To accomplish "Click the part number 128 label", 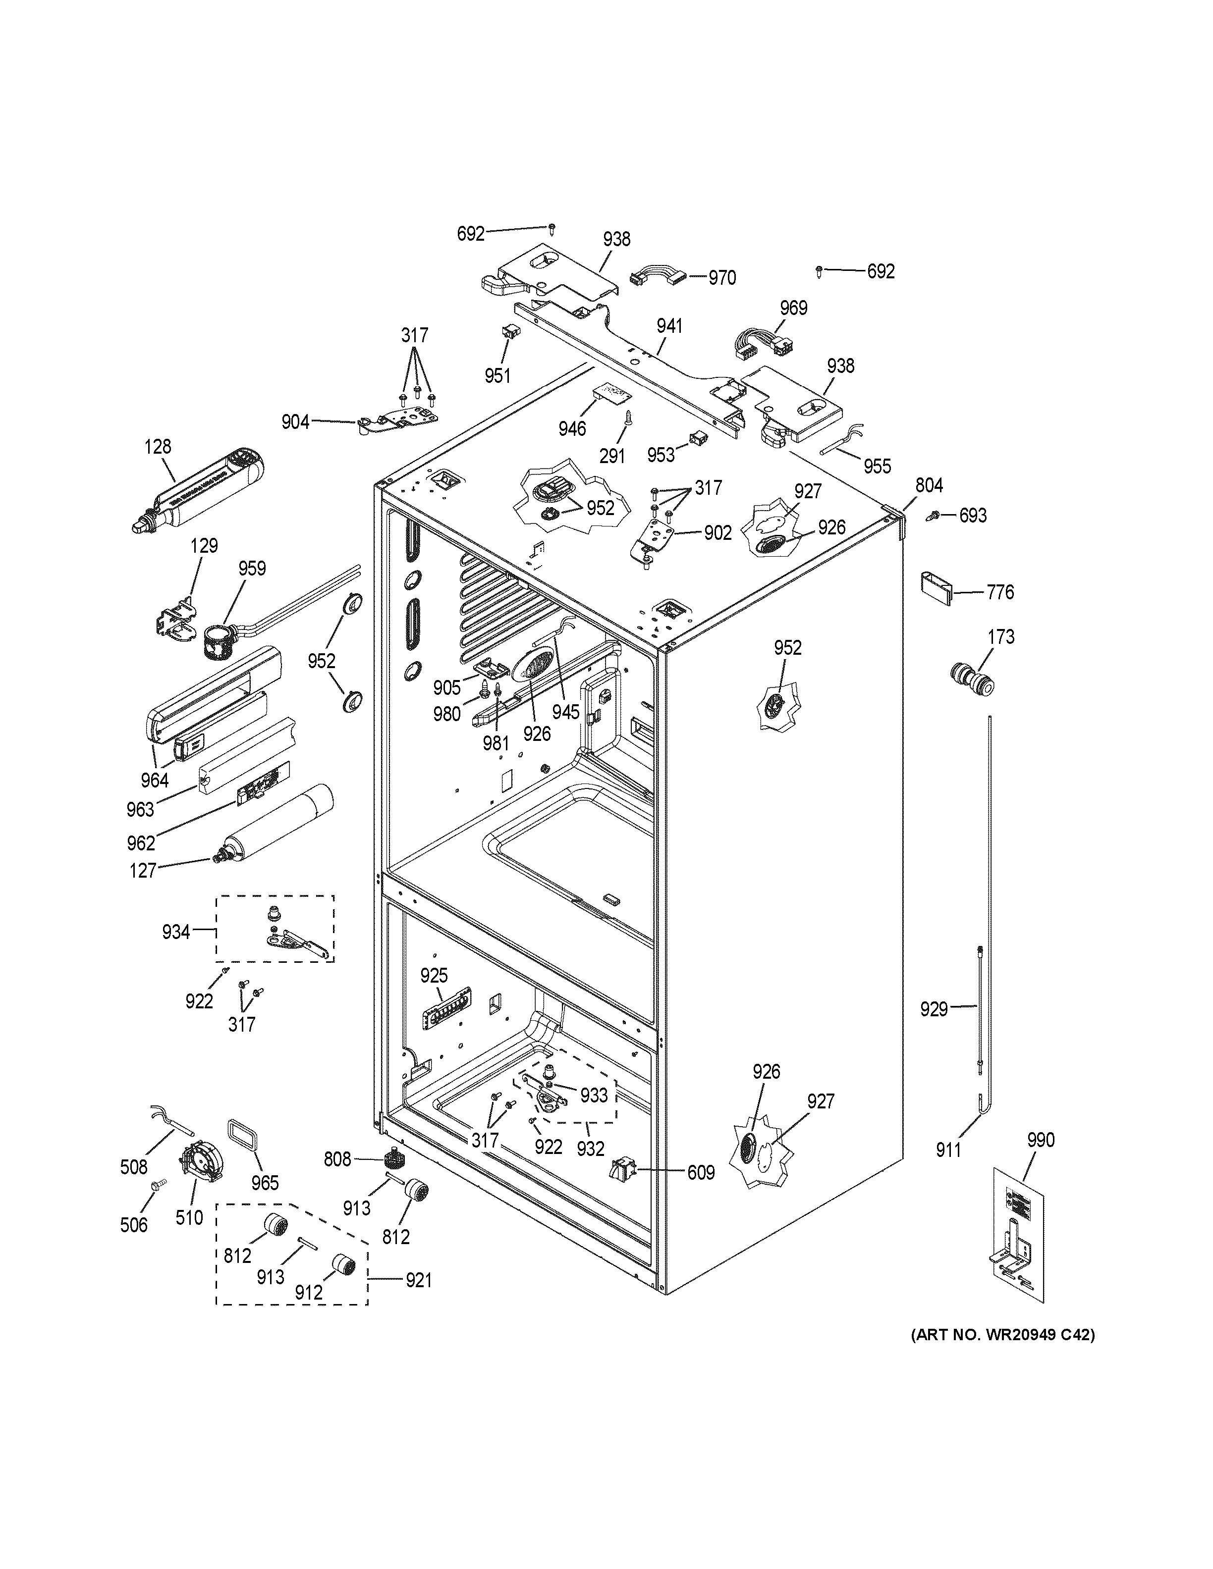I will (158, 446).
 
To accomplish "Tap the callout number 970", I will (721, 277).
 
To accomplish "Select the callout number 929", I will (934, 1009).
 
